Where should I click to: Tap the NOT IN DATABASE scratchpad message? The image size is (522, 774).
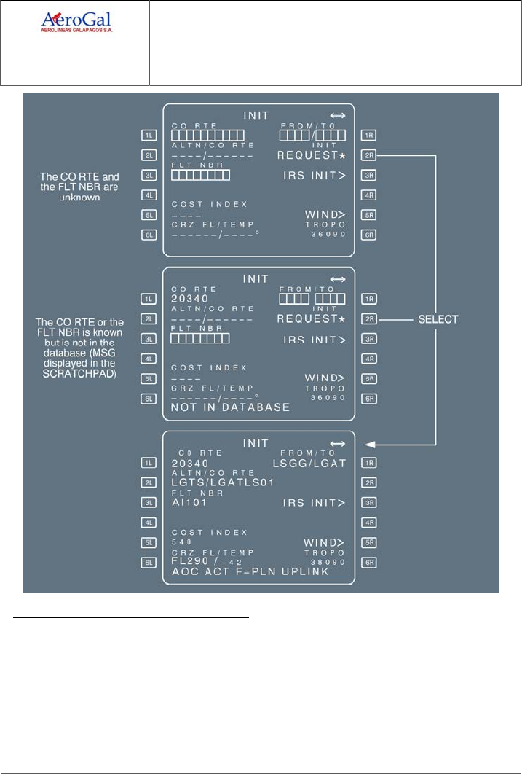coord(231,407)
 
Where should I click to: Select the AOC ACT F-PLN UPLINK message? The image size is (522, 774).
coord(250,572)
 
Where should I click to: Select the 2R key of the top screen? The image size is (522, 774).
coord(370,155)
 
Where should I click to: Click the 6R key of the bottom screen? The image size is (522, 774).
coord(370,563)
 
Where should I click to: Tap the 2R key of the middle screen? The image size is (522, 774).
coord(370,319)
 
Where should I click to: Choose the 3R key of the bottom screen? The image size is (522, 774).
coord(370,503)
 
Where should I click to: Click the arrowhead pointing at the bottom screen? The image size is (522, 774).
coord(368,443)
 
